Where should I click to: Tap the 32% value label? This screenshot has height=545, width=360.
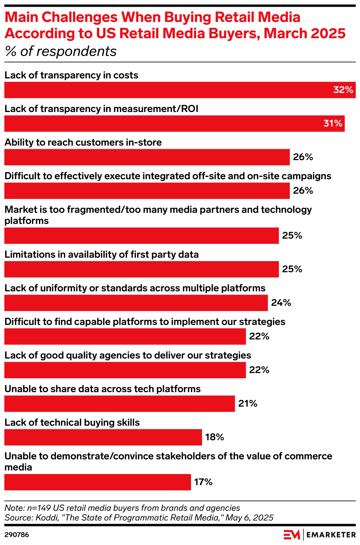coord(343,90)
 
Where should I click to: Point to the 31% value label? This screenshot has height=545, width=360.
coord(333,123)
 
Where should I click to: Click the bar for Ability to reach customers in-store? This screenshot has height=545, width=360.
coord(147,157)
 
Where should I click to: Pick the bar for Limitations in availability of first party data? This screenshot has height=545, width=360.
coord(141,269)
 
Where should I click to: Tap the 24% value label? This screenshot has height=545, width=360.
coord(281,303)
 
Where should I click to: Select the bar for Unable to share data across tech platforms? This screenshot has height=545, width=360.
coord(119,404)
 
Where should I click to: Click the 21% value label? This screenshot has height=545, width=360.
coord(248,404)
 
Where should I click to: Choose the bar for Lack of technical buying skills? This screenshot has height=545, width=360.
coord(103,437)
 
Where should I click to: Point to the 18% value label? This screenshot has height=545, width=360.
coord(215,437)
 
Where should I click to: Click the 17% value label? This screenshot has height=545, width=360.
coord(204,482)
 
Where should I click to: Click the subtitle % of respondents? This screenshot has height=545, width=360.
coord(61,51)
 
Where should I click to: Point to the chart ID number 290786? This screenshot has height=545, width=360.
coord(17,535)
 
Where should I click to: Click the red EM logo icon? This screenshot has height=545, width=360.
coord(292,535)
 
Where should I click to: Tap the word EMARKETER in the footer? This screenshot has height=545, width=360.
coord(331,535)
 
